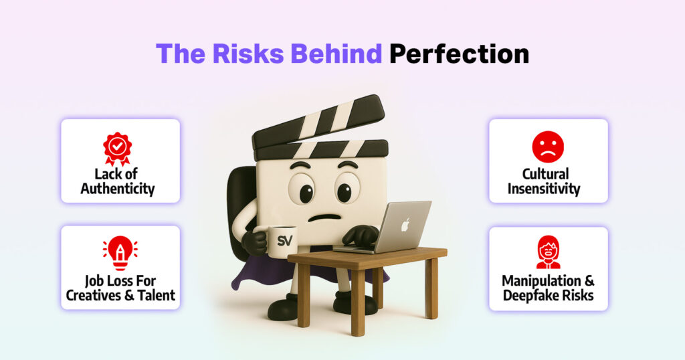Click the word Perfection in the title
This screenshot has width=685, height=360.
click(x=459, y=54)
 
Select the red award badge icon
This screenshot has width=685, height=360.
click(x=118, y=149)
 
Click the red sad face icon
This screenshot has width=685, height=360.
click(x=548, y=147)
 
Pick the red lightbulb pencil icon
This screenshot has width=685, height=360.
click(x=120, y=253)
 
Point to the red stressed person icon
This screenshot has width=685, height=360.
click(x=549, y=252)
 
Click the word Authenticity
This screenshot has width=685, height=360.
click(x=118, y=189)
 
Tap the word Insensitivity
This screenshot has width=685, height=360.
click(x=544, y=189)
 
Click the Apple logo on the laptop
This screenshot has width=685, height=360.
click(x=405, y=225)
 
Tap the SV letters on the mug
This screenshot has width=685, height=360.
click(x=285, y=240)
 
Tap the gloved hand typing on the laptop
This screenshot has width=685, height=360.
click(x=361, y=236)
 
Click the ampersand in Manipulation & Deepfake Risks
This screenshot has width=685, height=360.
click(x=589, y=281)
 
